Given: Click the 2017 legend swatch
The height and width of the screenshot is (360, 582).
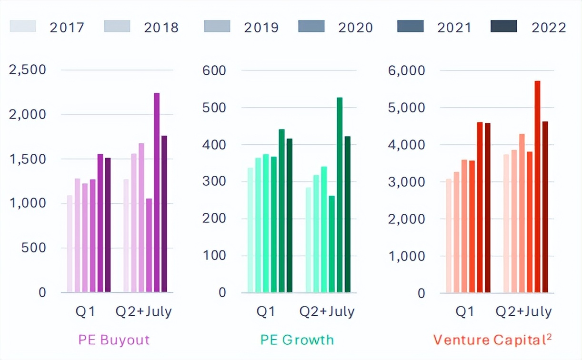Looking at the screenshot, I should tap(22, 26).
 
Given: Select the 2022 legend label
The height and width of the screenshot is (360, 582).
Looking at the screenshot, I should tap(549, 27).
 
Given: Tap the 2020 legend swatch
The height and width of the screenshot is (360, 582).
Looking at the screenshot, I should tap(311, 26).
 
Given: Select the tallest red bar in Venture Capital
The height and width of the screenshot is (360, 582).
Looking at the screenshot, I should tap(537, 186).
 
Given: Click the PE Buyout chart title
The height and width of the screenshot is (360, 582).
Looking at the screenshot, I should tap(114, 340).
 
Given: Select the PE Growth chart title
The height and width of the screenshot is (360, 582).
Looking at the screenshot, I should tap(297, 340).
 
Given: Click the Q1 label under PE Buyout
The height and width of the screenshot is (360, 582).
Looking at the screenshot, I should tap(86, 312).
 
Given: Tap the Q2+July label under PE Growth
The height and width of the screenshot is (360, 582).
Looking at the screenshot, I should tap(327, 312).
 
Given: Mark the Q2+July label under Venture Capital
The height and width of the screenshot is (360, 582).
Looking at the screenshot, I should tap(523, 312).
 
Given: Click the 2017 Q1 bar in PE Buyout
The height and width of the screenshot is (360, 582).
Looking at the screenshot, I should tap(70, 244).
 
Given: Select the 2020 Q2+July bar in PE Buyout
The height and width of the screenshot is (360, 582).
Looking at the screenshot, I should tap(149, 245).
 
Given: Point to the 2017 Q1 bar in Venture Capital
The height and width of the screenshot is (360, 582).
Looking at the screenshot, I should tap(449, 235).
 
